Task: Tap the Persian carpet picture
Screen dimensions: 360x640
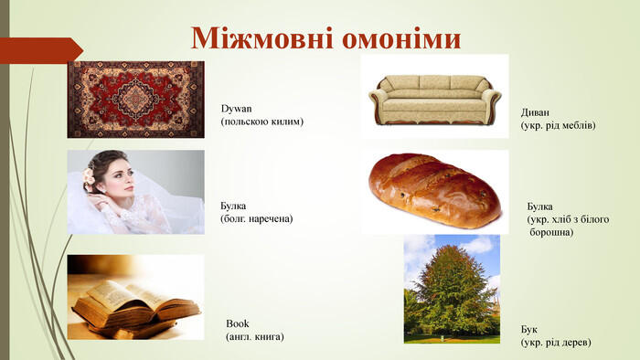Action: (135, 99)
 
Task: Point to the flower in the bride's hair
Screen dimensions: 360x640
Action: (89, 175)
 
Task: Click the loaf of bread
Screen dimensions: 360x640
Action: (434, 190)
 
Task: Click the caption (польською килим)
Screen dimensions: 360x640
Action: (261, 122)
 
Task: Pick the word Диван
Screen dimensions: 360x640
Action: (537, 111)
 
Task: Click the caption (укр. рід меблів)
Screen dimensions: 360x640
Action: (558, 124)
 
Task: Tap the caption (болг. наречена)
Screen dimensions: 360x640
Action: (257, 218)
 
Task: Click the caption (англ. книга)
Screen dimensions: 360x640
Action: (255, 336)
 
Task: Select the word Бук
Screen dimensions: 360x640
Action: (529, 328)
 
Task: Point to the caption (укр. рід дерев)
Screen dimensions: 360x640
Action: (556, 342)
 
